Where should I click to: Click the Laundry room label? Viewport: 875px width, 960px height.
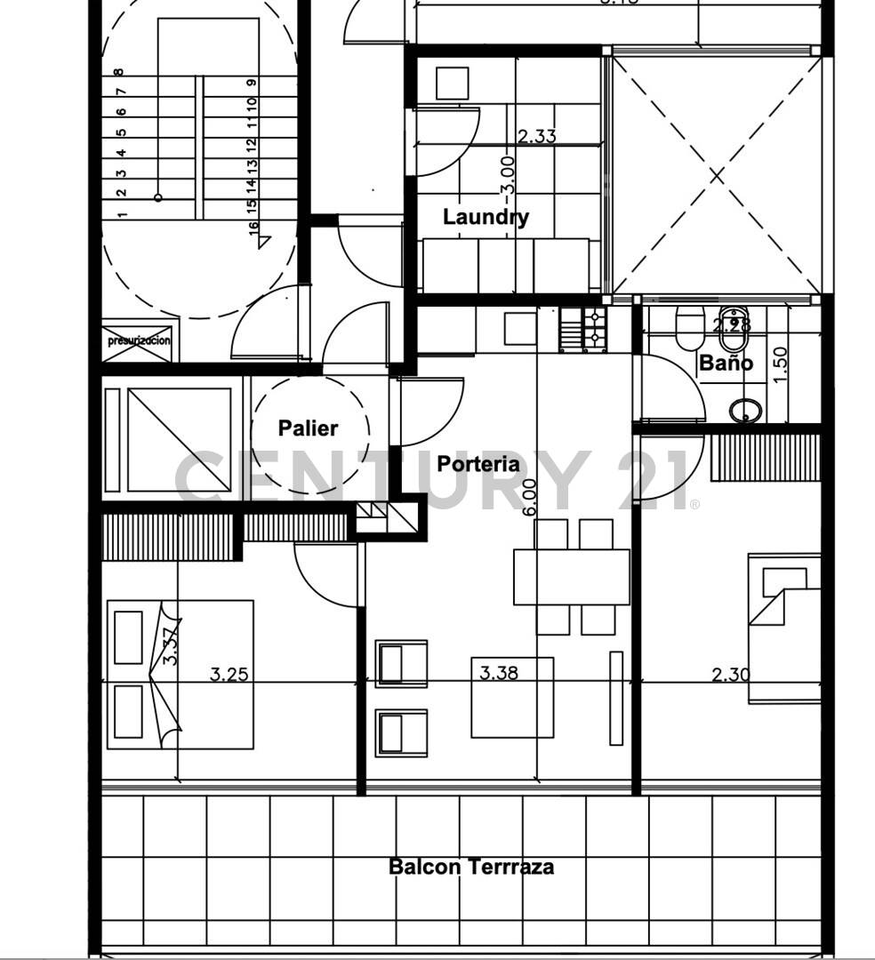tap(486, 217)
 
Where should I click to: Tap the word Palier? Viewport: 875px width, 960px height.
tap(308, 428)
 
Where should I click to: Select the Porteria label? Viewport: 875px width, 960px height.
tap(478, 464)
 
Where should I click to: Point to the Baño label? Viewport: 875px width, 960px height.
tap(726, 363)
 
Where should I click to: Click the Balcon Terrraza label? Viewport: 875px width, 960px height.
tap(471, 867)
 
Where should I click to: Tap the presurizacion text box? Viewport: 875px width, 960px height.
tap(139, 340)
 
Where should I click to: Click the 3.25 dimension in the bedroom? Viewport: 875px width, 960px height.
tap(229, 674)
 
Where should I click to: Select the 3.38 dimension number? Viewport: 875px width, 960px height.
tap(498, 673)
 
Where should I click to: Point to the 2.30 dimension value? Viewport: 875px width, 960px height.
tap(730, 675)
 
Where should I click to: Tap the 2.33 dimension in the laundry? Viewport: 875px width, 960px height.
tap(536, 136)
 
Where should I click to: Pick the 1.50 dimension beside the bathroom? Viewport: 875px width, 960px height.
tap(781, 363)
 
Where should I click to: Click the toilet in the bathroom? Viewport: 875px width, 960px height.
tap(689, 328)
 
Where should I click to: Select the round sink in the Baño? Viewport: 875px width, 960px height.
tap(745, 411)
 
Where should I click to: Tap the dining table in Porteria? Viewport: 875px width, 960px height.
tap(571, 577)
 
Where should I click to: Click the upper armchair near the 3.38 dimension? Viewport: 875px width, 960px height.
tap(401, 664)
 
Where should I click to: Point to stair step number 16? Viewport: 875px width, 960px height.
tap(253, 227)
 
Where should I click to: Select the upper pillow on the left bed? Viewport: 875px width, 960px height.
tap(128, 636)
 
